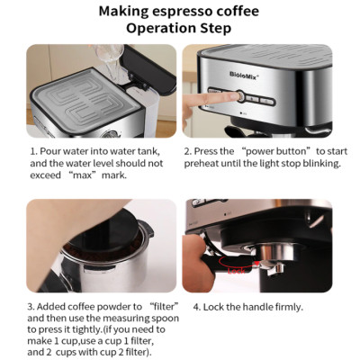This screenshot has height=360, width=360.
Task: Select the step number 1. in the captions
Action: (33, 152)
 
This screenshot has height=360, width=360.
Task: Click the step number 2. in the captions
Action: (188, 152)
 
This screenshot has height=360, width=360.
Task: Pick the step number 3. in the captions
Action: (33, 307)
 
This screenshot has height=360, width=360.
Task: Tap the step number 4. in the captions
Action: (197, 307)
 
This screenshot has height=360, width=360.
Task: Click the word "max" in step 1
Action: (84, 175)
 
